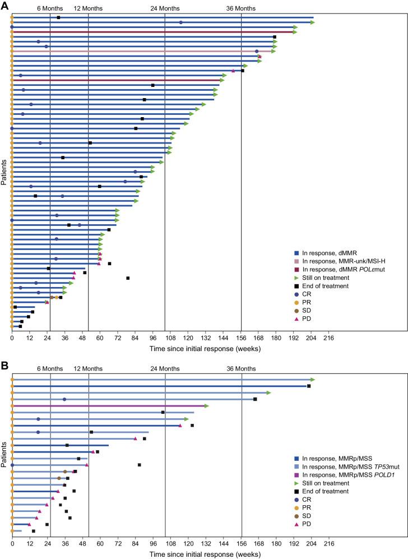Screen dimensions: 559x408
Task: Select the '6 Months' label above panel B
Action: coord(50,369)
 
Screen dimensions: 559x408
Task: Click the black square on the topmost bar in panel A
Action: coord(58,17)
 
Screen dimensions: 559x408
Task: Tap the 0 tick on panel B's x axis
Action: coord(12,544)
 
